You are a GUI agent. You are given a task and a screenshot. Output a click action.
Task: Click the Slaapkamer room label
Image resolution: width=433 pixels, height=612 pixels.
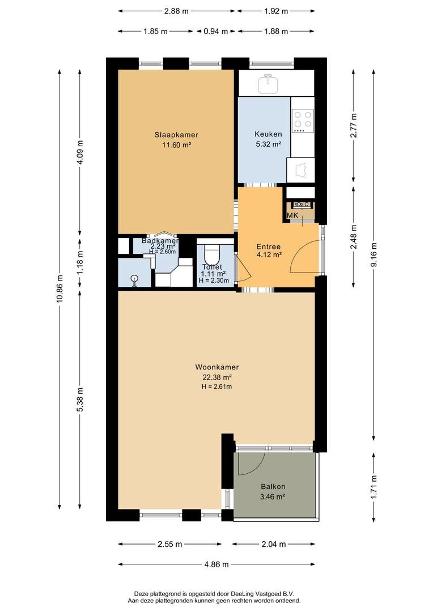pyautogui.click(x=176, y=135)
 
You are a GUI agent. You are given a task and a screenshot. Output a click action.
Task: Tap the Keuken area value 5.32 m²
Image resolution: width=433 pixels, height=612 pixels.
pyautogui.click(x=268, y=144)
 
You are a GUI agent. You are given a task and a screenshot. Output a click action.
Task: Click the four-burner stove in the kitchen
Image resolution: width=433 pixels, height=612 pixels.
pyautogui.click(x=302, y=121)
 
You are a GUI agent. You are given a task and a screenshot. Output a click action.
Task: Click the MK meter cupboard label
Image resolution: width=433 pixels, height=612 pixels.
pyautogui.click(x=292, y=216)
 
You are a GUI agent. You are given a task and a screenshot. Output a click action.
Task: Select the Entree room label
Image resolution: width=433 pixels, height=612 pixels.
pyautogui.click(x=268, y=246)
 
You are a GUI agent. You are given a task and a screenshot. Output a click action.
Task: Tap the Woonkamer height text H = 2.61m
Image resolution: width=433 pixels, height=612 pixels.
pyautogui.click(x=216, y=386)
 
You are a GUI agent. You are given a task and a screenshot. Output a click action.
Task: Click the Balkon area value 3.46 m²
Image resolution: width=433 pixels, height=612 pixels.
pyautogui.click(x=273, y=496)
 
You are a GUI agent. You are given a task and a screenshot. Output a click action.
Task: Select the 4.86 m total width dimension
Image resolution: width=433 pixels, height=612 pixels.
pyautogui.click(x=216, y=564)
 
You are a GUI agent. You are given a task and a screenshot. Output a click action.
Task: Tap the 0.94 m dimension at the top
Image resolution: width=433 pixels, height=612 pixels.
pyautogui.click(x=215, y=32)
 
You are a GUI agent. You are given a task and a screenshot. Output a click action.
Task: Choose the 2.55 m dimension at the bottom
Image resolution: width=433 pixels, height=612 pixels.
pyautogui.click(x=169, y=544)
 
